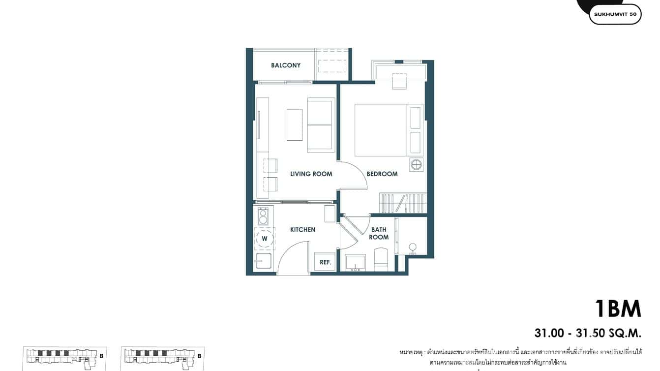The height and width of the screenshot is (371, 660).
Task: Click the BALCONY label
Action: (286, 65)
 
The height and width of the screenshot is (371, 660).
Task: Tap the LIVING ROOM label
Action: (311, 174)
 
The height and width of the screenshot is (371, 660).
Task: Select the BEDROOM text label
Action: (382, 174)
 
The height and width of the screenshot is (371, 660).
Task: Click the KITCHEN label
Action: (302, 230)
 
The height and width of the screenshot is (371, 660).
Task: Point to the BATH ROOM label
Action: (379, 233)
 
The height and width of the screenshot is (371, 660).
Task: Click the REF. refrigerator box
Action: (325, 262)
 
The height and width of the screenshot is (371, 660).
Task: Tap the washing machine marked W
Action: (265, 239)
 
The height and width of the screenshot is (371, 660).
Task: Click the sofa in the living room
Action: (320, 125)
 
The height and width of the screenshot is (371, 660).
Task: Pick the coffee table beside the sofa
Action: (295, 125)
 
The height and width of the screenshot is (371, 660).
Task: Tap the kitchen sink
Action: (263, 261)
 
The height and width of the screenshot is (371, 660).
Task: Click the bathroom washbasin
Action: (355, 263)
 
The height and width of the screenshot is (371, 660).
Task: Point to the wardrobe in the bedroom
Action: (402, 203)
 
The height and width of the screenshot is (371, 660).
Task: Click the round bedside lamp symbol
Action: (416, 164)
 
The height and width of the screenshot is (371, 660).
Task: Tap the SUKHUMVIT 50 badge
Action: (615, 14)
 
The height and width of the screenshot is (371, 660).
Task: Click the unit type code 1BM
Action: (618, 309)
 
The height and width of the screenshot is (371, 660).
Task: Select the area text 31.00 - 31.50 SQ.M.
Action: (588, 333)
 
